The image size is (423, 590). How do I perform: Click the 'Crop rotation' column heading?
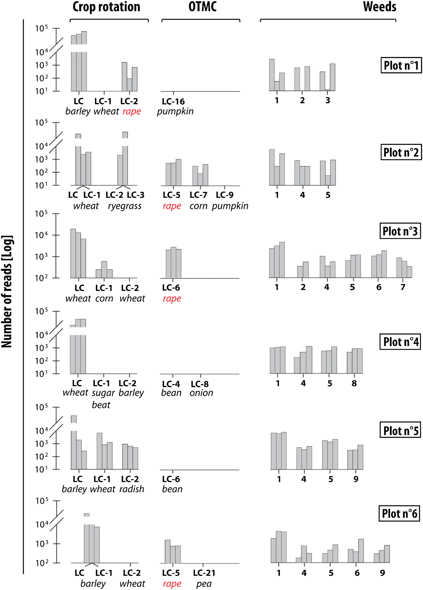click(x=106, y=7)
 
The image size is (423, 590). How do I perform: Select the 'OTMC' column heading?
click(x=202, y=7)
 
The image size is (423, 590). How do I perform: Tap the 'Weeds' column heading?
click(x=379, y=7)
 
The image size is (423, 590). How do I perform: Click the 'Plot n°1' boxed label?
click(x=401, y=65)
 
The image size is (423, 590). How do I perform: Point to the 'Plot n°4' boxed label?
click(x=400, y=342)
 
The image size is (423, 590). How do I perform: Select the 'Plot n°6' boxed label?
click(x=399, y=514)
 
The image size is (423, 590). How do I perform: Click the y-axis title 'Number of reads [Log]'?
click(x=7, y=291)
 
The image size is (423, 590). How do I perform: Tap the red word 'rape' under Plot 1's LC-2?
click(x=132, y=111)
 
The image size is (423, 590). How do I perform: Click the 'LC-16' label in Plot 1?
click(x=173, y=101)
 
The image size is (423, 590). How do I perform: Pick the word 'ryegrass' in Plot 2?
click(x=125, y=206)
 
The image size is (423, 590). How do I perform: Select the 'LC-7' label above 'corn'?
click(x=198, y=195)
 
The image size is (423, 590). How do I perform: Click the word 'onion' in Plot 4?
click(x=201, y=393)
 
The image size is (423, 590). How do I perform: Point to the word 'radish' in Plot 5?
click(x=132, y=489)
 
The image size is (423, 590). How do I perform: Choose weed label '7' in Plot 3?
click(x=403, y=287)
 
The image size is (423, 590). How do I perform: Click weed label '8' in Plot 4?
click(x=354, y=383)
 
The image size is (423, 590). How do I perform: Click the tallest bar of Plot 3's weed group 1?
click(x=282, y=260)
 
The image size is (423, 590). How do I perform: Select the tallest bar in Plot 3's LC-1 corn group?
click(x=104, y=270)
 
